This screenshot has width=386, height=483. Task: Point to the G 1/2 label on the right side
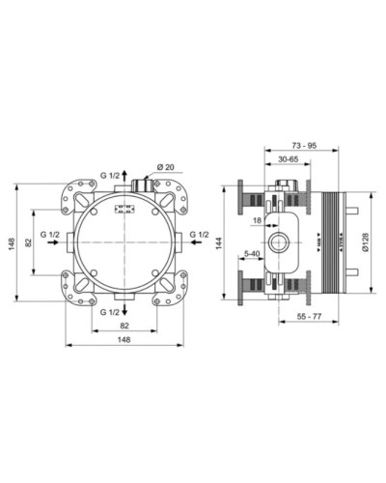pyautogui.click(x=201, y=235)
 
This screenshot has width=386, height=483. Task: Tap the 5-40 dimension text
pyautogui.click(x=253, y=254)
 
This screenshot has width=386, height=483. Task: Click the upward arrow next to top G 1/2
pyautogui.click(x=134, y=178)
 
